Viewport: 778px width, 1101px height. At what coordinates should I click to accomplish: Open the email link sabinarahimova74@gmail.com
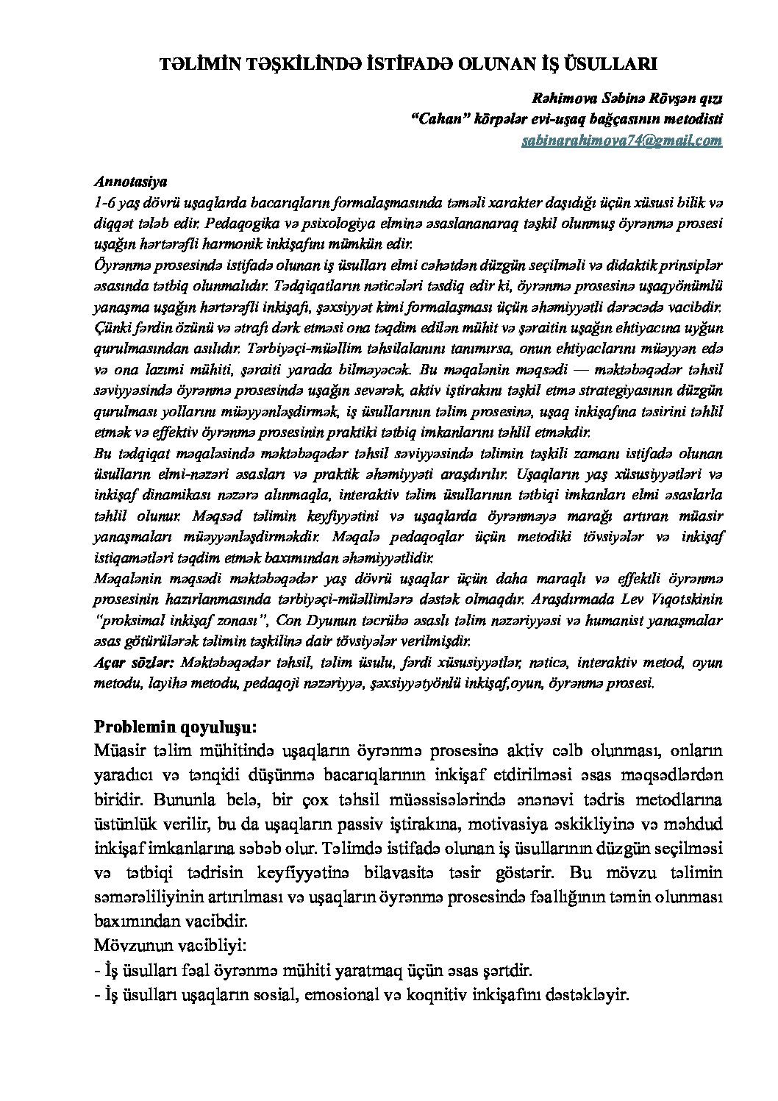(621, 140)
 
